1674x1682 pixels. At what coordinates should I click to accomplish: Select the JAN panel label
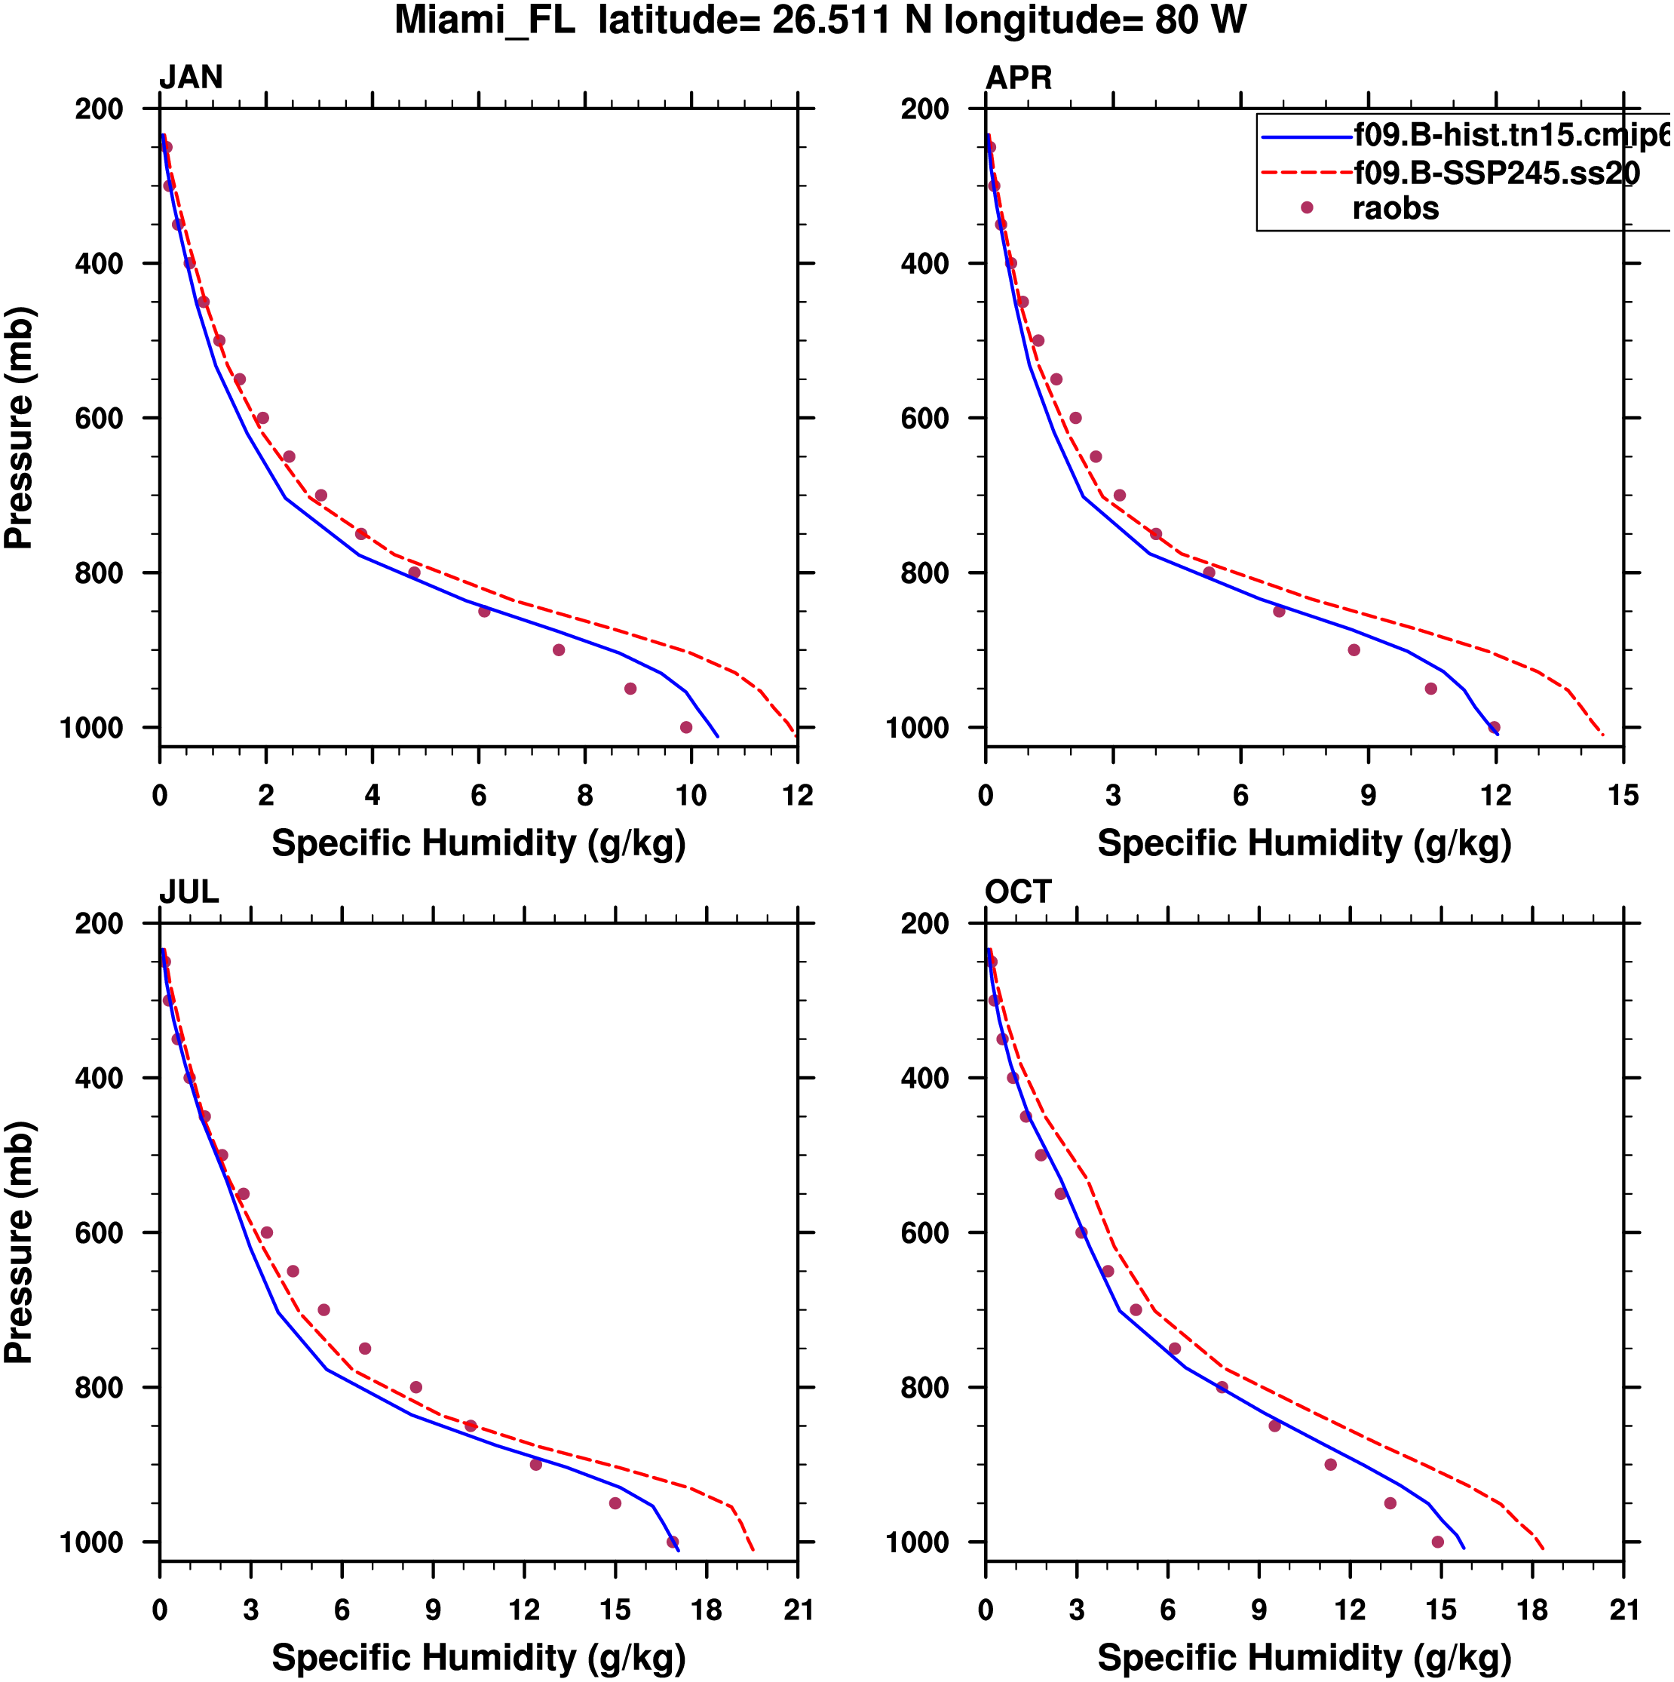[191, 78]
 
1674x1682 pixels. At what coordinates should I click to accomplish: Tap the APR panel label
[1018, 78]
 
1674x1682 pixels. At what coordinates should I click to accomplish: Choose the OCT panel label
[1018, 892]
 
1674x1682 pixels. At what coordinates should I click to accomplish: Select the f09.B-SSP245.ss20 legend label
[1495, 174]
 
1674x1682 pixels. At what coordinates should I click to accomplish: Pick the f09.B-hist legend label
[1510, 135]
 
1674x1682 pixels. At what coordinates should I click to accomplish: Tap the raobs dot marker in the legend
[1306, 208]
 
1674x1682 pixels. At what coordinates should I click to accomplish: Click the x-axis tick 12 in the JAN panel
[797, 796]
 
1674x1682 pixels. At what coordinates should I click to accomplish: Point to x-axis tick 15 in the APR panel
[1623, 796]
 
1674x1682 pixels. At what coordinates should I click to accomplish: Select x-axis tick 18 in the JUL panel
[706, 1610]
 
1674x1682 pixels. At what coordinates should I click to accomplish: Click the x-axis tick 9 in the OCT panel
[1259, 1610]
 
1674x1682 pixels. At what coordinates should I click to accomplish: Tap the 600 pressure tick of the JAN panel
[100, 419]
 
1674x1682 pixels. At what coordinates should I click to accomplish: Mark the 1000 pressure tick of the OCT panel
[918, 1542]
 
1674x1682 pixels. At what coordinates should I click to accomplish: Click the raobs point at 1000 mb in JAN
[686, 728]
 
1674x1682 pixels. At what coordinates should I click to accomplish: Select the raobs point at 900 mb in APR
[1354, 650]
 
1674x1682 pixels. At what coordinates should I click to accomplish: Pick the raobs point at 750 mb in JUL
[365, 1349]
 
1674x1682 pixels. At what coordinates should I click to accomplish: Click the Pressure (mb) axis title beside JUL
[19, 1242]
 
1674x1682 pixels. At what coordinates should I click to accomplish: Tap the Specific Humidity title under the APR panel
[1304, 843]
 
